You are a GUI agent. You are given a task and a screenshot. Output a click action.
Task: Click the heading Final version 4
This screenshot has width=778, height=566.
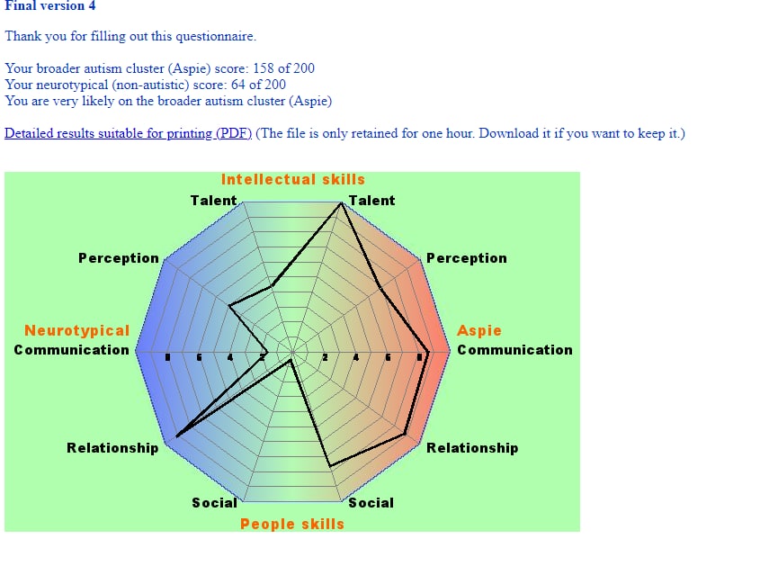point(50,6)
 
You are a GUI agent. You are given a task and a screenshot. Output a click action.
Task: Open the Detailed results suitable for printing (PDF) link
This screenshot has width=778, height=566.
point(128,133)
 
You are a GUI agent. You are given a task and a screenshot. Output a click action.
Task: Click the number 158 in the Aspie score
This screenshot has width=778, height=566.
point(255,68)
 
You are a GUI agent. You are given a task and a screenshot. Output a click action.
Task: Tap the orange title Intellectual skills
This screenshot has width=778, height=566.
point(293,179)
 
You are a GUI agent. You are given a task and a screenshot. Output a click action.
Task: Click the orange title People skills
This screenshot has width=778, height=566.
point(292,524)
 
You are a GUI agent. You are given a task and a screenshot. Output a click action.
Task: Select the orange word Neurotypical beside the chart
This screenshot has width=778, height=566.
point(77,330)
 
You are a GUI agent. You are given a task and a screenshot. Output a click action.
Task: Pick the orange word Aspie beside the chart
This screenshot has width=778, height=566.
point(479,330)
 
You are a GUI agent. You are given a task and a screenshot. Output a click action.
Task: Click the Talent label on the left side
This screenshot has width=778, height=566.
point(214,200)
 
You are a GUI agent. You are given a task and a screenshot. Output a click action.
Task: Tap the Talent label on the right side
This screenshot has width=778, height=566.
point(371,200)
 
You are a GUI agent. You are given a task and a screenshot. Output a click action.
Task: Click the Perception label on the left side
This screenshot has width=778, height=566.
point(119,258)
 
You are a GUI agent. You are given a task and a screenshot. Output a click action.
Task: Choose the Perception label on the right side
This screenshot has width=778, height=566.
point(467,258)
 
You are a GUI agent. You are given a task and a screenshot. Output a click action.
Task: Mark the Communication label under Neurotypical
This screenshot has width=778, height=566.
point(72,350)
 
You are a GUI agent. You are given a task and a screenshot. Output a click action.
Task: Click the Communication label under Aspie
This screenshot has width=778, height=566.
point(514,350)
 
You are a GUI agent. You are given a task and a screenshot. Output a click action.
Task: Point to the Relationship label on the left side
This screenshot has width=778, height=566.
point(112,447)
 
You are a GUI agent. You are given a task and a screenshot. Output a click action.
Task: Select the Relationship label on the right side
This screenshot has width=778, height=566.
point(472,447)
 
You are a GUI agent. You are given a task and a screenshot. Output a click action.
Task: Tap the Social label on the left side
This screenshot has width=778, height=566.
point(215,502)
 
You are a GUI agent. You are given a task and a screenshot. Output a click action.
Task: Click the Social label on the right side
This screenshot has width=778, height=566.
point(371,502)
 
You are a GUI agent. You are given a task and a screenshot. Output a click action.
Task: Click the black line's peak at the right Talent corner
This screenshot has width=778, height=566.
point(342,204)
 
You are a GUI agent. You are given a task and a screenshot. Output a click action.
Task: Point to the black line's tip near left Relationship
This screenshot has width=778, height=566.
point(177,436)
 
